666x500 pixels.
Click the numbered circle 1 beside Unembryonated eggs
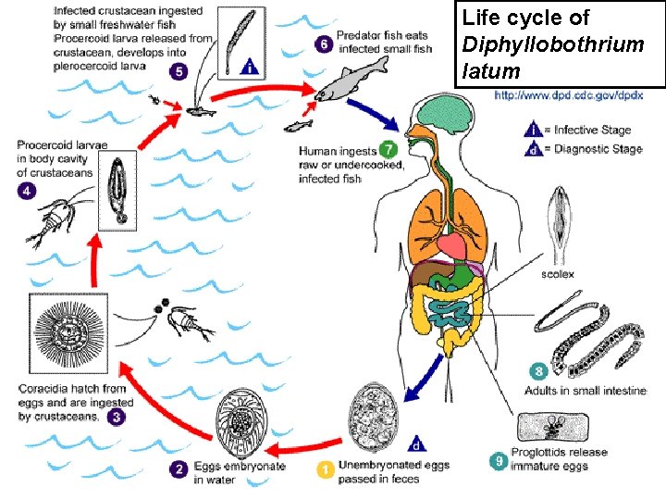coord(324,469)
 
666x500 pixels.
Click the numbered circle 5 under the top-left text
coord(179,71)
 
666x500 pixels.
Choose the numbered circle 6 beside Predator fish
coord(323,43)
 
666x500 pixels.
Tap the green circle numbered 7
coord(388,148)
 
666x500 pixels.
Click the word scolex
coord(558,274)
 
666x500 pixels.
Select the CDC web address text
coord(580,94)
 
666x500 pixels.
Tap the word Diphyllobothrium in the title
coord(552,44)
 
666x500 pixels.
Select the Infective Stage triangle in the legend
coord(534,131)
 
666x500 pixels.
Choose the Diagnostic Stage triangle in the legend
coord(534,148)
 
